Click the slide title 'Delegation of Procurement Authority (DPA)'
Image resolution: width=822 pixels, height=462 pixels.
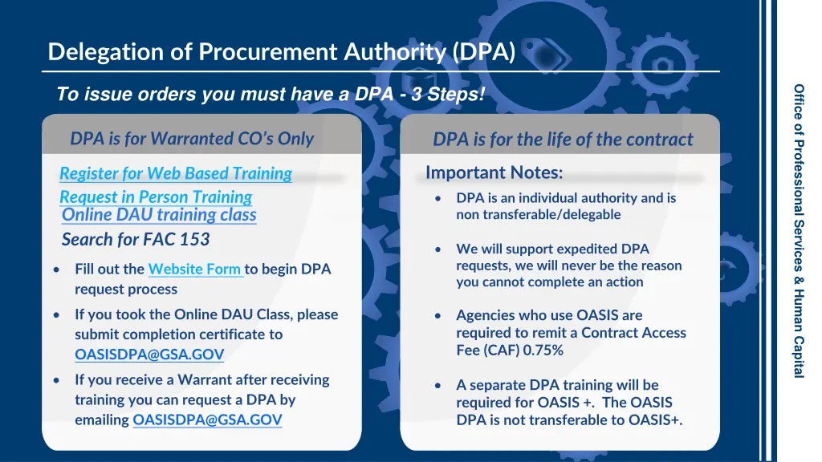tap(281, 52)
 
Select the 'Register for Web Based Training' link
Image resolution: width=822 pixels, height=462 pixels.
tap(176, 173)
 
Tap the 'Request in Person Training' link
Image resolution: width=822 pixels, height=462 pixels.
tap(156, 197)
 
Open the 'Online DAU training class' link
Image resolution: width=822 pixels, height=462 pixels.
tap(159, 215)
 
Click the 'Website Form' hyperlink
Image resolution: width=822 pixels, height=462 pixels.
tap(195, 269)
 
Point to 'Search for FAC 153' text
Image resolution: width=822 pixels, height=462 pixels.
tap(136, 239)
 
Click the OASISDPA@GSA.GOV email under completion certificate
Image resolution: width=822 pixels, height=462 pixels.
tap(149, 354)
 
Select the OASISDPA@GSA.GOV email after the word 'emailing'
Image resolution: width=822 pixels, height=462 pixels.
tap(207, 419)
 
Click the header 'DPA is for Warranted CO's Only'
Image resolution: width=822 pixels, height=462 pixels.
tap(192, 139)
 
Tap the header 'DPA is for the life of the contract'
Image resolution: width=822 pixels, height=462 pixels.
tap(563, 140)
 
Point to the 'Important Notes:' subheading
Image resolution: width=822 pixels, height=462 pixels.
tap(494, 172)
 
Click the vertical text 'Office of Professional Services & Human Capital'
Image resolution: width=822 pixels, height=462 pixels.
tap(799, 231)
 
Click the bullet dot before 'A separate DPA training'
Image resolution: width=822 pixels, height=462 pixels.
tap(437, 386)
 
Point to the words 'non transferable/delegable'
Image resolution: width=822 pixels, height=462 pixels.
tap(538, 214)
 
